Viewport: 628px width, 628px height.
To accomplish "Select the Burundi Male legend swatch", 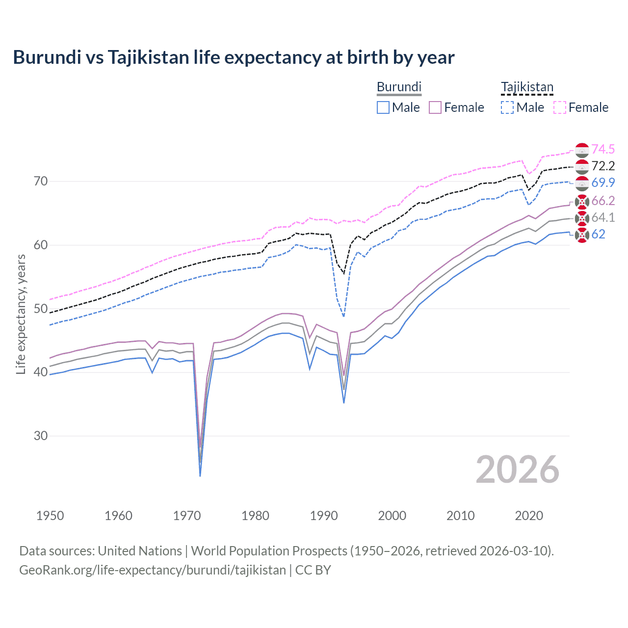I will [x=383, y=107].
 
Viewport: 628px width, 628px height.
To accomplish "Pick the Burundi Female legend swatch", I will [x=435, y=107].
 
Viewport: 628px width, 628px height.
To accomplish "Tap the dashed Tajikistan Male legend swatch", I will [x=507, y=107].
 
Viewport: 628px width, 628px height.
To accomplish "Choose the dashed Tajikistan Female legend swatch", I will [x=560, y=107].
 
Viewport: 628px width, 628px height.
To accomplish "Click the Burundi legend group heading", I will [x=399, y=87].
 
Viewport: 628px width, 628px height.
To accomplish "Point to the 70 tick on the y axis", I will [x=41, y=182].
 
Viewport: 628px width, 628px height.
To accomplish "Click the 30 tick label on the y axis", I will [x=41, y=436].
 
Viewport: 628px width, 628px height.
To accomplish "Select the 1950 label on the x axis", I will [x=50, y=516].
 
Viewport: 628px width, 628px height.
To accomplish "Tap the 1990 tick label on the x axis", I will [x=324, y=516].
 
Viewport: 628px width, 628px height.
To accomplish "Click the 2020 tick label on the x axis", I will [x=529, y=516].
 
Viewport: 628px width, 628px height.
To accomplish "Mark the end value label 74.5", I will [x=603, y=150].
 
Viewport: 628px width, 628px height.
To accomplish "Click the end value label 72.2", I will [x=603, y=166].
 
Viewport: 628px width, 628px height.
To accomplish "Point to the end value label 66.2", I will [x=603, y=201].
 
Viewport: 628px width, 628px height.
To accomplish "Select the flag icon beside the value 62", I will [x=582, y=235].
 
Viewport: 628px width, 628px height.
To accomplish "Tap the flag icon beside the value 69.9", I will [x=582, y=183].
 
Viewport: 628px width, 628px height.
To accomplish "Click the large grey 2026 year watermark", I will [x=517, y=470].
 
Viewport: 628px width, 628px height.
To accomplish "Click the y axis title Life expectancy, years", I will [x=21, y=314].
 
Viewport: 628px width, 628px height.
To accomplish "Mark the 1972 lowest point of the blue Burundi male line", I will [x=200, y=476].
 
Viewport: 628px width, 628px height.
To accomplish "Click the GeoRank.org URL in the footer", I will [x=153, y=570].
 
